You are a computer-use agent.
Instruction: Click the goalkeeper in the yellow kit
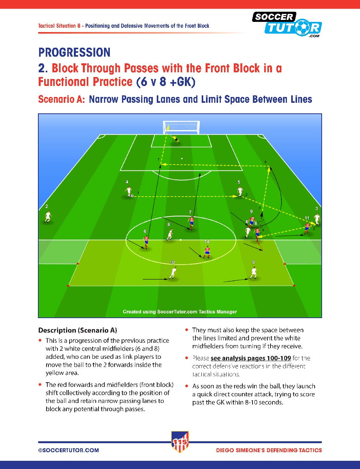[175, 139]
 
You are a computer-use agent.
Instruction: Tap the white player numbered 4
[129, 192]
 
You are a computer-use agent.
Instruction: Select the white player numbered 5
[240, 192]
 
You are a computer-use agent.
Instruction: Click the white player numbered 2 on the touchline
[48, 217]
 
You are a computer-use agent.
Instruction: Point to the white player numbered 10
[173, 273]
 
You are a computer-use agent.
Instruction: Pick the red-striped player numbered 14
[207, 252]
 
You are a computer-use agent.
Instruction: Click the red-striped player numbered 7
[191, 223]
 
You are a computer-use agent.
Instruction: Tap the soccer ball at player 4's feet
[132, 196]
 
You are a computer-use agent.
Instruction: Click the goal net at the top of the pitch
[181, 127]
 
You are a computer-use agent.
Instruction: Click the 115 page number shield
[180, 442]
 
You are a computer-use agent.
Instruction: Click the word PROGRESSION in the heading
[74, 52]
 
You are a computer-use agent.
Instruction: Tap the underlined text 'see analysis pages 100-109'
[251, 358]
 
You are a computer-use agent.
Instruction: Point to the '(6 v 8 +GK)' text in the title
[166, 82]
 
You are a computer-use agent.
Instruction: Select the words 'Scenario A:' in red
[61, 100]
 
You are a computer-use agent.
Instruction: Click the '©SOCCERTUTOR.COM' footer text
[69, 450]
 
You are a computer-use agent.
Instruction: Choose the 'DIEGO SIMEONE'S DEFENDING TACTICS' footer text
[269, 450]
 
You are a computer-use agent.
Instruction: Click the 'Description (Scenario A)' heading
[78, 330]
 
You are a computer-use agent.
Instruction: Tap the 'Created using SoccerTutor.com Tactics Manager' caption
[180, 311]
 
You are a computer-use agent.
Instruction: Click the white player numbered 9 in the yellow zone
[254, 273]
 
